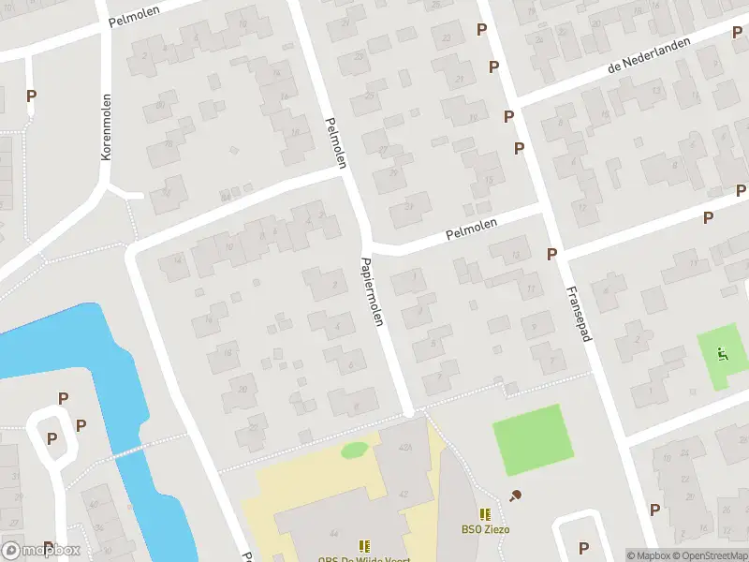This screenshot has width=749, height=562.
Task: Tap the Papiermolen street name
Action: point(373,291)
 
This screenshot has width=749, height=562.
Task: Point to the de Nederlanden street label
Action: point(648,56)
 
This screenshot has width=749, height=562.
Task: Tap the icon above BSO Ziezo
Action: point(485,514)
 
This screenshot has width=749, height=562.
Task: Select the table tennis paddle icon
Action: point(514,495)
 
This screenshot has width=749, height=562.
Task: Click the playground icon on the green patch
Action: point(721,354)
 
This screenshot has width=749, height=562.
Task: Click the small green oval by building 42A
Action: point(354,451)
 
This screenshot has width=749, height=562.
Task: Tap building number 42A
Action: point(405,449)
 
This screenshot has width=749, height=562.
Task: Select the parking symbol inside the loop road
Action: point(52,438)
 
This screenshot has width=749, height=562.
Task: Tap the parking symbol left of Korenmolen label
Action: point(32,96)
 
